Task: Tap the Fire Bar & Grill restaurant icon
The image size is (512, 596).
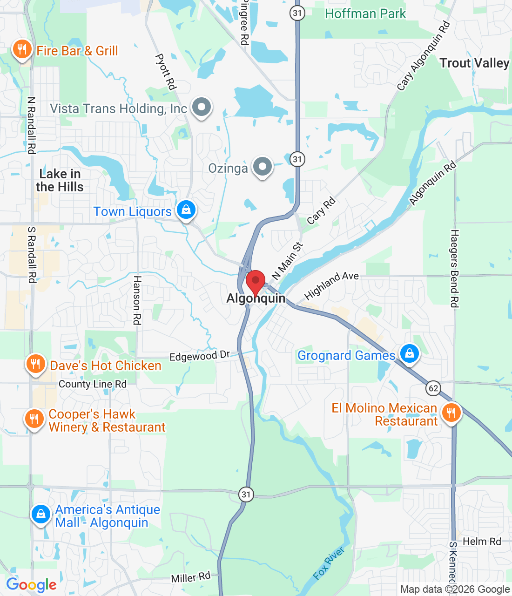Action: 21,50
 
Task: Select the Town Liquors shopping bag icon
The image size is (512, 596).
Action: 186,210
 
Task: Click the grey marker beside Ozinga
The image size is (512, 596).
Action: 263,167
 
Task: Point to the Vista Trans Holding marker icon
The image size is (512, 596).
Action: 202,108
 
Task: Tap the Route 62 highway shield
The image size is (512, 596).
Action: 433,388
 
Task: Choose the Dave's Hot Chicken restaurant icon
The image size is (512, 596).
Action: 35,365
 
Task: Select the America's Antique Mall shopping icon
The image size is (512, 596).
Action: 41,515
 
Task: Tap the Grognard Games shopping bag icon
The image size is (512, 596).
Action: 410,354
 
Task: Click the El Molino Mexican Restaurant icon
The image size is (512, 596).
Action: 451,413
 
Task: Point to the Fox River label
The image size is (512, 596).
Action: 329,563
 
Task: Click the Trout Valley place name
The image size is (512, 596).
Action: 474,63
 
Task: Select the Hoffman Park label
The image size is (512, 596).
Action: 365,14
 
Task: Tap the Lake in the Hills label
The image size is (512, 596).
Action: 60,180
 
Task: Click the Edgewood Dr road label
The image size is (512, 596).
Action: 200,356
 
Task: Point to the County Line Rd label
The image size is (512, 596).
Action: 93,384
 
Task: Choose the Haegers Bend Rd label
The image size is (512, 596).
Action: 454,269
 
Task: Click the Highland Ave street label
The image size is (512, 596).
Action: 331,285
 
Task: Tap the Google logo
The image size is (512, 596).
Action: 32,585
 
